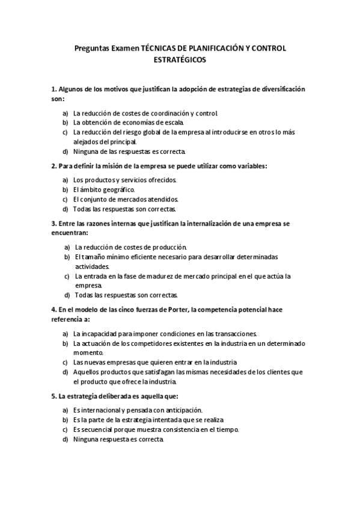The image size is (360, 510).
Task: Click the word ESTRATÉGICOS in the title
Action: tap(180, 60)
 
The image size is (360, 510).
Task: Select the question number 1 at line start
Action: tap(53, 89)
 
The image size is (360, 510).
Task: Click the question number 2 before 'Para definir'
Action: tap(53, 165)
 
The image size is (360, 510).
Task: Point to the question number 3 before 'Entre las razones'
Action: tap(53, 223)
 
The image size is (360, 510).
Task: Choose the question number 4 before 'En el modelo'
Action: tap(53, 309)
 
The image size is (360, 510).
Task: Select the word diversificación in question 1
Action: tap(279, 89)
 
